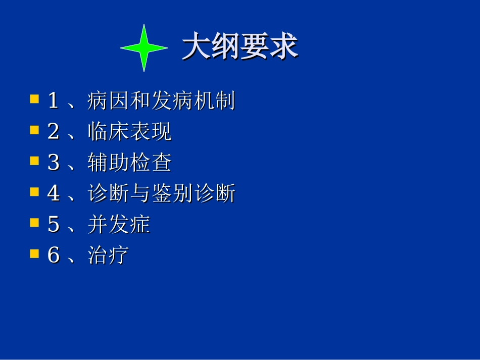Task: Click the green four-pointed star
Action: pyautogui.click(x=144, y=48)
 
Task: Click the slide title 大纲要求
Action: pyautogui.click(x=239, y=47)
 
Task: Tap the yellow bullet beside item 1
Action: pyautogui.click(x=34, y=98)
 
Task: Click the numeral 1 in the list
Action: pyautogui.click(x=53, y=101)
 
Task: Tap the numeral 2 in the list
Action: pyautogui.click(x=53, y=132)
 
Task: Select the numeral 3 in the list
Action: pyautogui.click(x=53, y=163)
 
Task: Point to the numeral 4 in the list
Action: pyautogui.click(x=53, y=194)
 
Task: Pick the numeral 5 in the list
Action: pyautogui.click(x=53, y=225)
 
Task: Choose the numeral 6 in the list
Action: pyautogui.click(x=53, y=255)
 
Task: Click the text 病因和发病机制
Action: pyautogui.click(x=161, y=101)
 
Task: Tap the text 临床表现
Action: pyautogui.click(x=129, y=132)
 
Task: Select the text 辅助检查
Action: pyautogui.click(x=129, y=163)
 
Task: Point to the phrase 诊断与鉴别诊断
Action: pyautogui.click(x=161, y=193)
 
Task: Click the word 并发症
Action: pyautogui.click(x=119, y=224)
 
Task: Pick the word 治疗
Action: pyautogui.click(x=108, y=255)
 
